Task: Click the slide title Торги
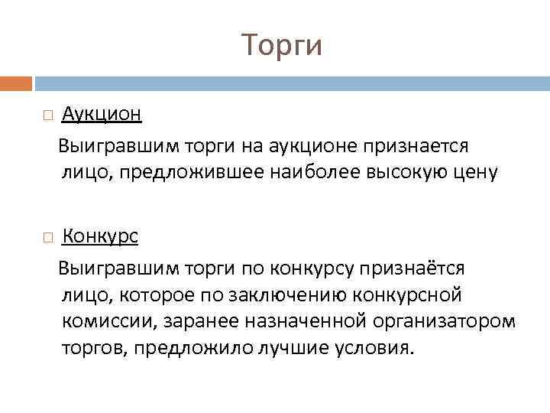pyautogui.click(x=282, y=45)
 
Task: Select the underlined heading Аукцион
pyautogui.click(x=102, y=114)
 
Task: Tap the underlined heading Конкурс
pyautogui.click(x=100, y=236)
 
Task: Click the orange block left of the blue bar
pyautogui.click(x=16, y=83)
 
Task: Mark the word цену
pyautogui.click(x=477, y=173)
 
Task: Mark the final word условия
pyautogui.click(x=376, y=349)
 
